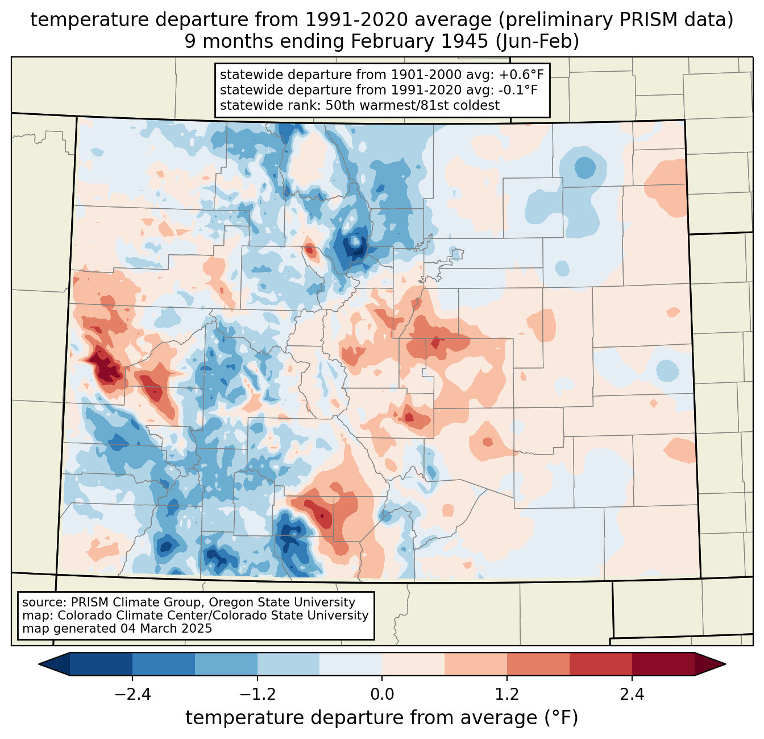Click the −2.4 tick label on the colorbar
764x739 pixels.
132,695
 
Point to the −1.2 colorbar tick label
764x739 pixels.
257,695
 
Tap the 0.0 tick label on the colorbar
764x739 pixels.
382,695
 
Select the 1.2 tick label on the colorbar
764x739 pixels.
506,695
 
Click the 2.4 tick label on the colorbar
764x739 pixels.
632,695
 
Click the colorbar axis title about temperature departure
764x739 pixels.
382,718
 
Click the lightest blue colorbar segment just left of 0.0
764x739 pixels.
351,664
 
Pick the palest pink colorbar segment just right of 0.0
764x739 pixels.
413,664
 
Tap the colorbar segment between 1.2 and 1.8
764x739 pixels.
538,664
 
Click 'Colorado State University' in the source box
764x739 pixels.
298,616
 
